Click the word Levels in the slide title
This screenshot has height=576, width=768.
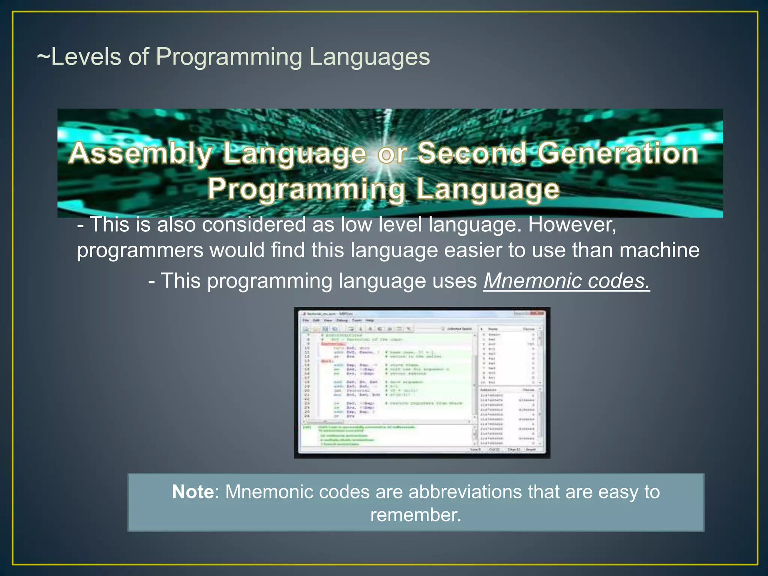(x=86, y=57)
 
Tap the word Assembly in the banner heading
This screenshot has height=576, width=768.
(x=141, y=154)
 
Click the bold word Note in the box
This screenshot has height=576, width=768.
(x=193, y=492)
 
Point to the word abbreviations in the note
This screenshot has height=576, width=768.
(x=465, y=492)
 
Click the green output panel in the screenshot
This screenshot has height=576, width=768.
(x=386, y=435)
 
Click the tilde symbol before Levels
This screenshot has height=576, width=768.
(x=43, y=57)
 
